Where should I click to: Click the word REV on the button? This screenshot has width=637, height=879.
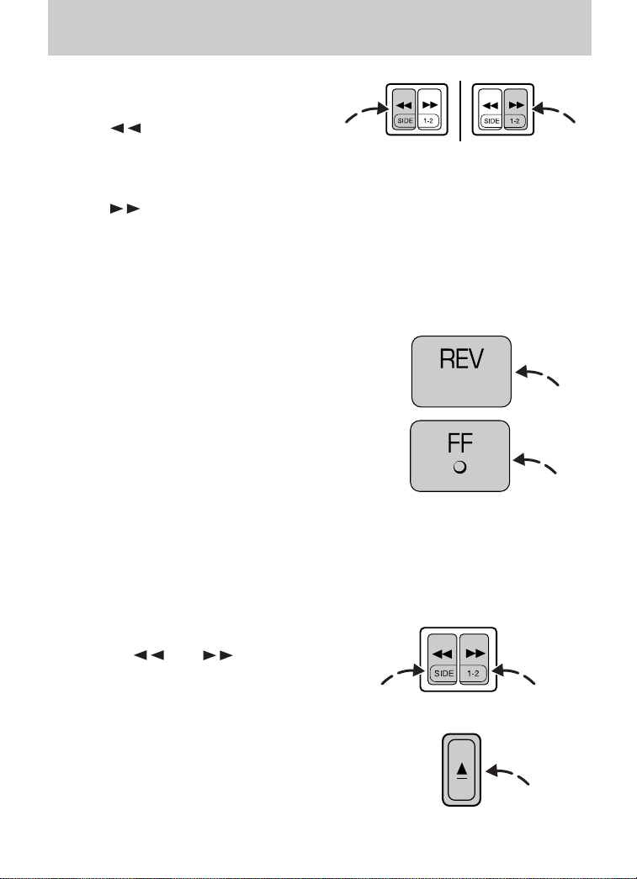pos(461,359)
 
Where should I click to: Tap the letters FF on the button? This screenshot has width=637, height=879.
pos(459,443)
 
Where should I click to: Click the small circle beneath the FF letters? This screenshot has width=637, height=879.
pos(459,467)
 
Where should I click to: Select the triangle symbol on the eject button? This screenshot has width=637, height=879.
pos(461,769)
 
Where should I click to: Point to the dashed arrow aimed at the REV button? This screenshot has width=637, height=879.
pos(537,374)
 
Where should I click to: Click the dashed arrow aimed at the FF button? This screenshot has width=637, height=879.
pos(534,463)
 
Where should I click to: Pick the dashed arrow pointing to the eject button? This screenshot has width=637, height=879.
pos(507,774)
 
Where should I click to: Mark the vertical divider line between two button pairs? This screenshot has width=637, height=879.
pos(460,111)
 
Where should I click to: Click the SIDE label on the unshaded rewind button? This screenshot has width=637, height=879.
pos(491,121)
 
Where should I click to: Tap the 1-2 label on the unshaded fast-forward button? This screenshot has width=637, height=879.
pos(428,121)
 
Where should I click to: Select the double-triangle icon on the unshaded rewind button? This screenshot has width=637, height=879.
pos(490,105)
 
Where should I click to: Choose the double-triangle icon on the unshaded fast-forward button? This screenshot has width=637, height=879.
pos(429,105)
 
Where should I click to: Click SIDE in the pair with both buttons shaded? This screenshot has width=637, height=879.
pos(443,673)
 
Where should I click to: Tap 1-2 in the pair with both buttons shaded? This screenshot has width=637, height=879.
pos(473,673)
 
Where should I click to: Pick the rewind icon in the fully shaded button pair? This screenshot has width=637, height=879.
pos(443,654)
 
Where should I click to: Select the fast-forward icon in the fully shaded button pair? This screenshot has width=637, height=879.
pos(475,654)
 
